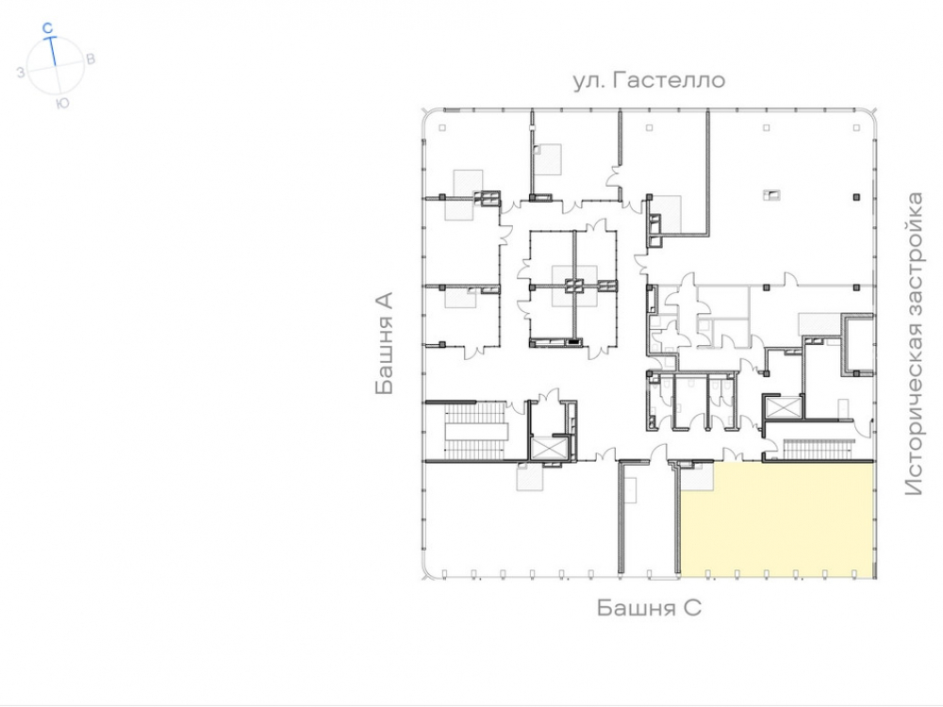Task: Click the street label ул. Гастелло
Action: (649, 80)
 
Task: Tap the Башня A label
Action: (384, 343)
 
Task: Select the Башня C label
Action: (649, 608)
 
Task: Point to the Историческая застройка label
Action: (914, 343)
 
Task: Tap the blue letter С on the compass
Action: (48, 27)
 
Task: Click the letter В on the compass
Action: (91, 58)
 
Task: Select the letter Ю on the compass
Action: (62, 104)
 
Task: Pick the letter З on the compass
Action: (21, 73)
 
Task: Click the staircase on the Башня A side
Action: (475, 431)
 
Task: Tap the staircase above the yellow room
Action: (819, 449)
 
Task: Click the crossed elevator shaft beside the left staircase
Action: (548, 449)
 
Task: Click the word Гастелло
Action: (669, 80)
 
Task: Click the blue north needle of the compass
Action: (53, 51)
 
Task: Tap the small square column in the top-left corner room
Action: (442, 128)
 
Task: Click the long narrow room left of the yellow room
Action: (647, 520)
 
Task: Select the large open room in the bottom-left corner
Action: (521, 520)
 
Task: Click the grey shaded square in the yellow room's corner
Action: (698, 476)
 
